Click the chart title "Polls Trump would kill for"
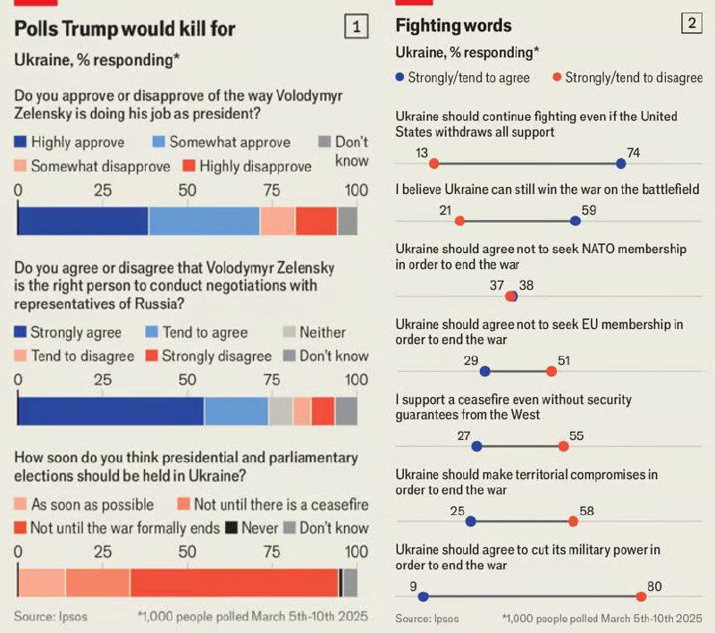[125, 29]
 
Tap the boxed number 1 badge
[356, 28]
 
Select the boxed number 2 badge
[690, 24]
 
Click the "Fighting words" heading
[453, 25]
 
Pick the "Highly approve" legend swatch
[21, 142]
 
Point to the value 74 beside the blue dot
[633, 153]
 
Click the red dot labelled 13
[433, 164]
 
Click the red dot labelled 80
[642, 596]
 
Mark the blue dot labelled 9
[423, 596]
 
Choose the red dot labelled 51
[551, 371]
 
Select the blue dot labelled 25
[471, 521]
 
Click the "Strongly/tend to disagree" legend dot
[556, 78]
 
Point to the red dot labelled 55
[563, 446]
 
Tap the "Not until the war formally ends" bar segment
[234, 582]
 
